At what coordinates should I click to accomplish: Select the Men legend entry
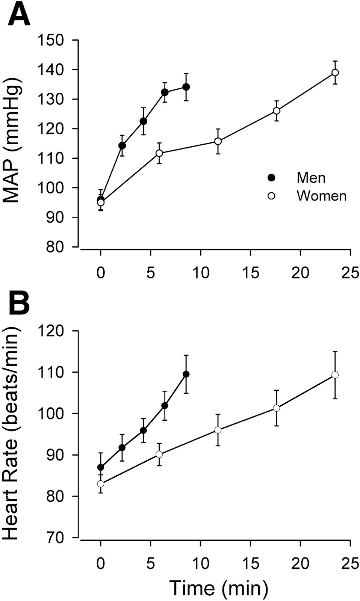[x=311, y=178]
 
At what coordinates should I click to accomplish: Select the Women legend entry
[x=321, y=196]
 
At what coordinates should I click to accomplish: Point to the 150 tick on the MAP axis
[x=51, y=40]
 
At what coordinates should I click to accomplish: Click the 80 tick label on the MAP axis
[x=55, y=247]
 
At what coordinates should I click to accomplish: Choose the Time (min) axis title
[x=219, y=588]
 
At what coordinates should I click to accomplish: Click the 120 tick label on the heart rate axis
[x=51, y=331]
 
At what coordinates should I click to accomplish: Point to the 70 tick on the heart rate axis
[x=55, y=538]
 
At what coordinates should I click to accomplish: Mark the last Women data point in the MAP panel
[x=335, y=72]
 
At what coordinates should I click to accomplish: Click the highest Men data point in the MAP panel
[x=186, y=87]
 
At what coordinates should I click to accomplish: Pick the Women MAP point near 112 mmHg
[x=159, y=153]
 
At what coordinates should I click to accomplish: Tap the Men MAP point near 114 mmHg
[x=122, y=145]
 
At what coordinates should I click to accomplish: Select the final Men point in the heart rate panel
[x=186, y=374]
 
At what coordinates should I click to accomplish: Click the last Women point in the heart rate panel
[x=335, y=375]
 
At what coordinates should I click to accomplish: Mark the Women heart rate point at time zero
[x=101, y=483]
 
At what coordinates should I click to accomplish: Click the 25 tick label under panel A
[x=350, y=272]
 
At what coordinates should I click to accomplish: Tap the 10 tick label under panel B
[x=201, y=563]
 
